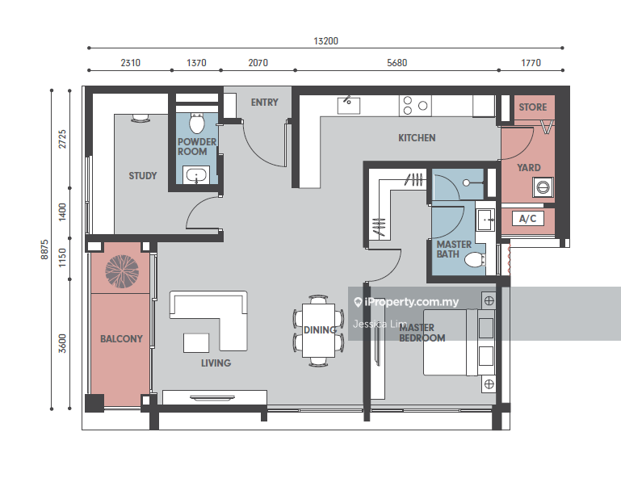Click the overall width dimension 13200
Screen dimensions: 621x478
click(325, 41)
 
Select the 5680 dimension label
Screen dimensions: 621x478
click(397, 63)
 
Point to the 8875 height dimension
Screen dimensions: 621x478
click(44, 249)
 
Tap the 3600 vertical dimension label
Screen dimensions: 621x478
click(62, 343)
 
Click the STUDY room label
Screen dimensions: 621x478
click(143, 175)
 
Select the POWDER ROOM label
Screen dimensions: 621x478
click(197, 146)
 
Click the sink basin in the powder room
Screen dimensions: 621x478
click(196, 175)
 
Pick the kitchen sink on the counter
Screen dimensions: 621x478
click(349, 105)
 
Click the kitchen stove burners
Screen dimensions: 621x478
click(415, 106)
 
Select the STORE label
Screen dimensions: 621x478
click(533, 107)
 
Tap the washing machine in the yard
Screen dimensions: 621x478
click(543, 187)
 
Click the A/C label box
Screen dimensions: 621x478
click(527, 218)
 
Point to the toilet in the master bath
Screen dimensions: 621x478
click(475, 260)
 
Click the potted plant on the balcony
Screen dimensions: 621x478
click(122, 271)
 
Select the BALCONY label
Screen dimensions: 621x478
click(121, 339)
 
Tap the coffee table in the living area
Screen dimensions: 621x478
click(196, 343)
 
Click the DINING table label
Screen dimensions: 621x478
click(320, 330)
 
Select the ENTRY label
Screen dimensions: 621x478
click(265, 103)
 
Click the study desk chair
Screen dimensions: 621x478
click(140, 117)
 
